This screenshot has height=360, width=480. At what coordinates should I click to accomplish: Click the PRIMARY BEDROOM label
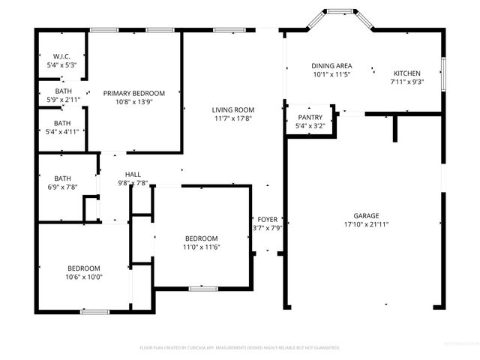tap(133, 92)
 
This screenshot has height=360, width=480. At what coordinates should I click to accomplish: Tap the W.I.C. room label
tap(61, 56)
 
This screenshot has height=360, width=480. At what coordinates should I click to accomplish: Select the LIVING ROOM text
tap(232, 109)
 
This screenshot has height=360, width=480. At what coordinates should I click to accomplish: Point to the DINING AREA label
tap(332, 65)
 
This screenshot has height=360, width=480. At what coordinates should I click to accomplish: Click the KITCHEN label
tap(408, 73)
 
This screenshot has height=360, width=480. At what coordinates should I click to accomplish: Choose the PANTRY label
tap(310, 118)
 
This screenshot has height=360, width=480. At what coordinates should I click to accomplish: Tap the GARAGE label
tap(366, 215)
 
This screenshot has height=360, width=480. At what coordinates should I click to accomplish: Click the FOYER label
tap(267, 220)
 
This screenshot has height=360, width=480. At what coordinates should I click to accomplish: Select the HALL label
tap(133, 175)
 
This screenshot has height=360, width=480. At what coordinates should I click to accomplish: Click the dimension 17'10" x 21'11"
tap(366, 224)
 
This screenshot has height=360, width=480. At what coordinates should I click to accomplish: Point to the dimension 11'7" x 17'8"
tap(232, 118)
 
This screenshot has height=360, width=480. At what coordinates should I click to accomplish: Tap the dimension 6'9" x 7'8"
tap(61, 187)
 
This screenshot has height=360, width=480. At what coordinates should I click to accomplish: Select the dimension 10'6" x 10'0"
tap(85, 277)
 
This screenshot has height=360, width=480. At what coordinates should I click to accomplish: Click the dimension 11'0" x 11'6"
tap(202, 247)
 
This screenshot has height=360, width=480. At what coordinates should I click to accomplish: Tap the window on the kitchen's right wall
tap(442, 73)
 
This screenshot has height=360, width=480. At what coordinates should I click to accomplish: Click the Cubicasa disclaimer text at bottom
tap(240, 347)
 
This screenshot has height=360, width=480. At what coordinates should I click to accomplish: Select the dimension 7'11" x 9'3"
tap(408, 82)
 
